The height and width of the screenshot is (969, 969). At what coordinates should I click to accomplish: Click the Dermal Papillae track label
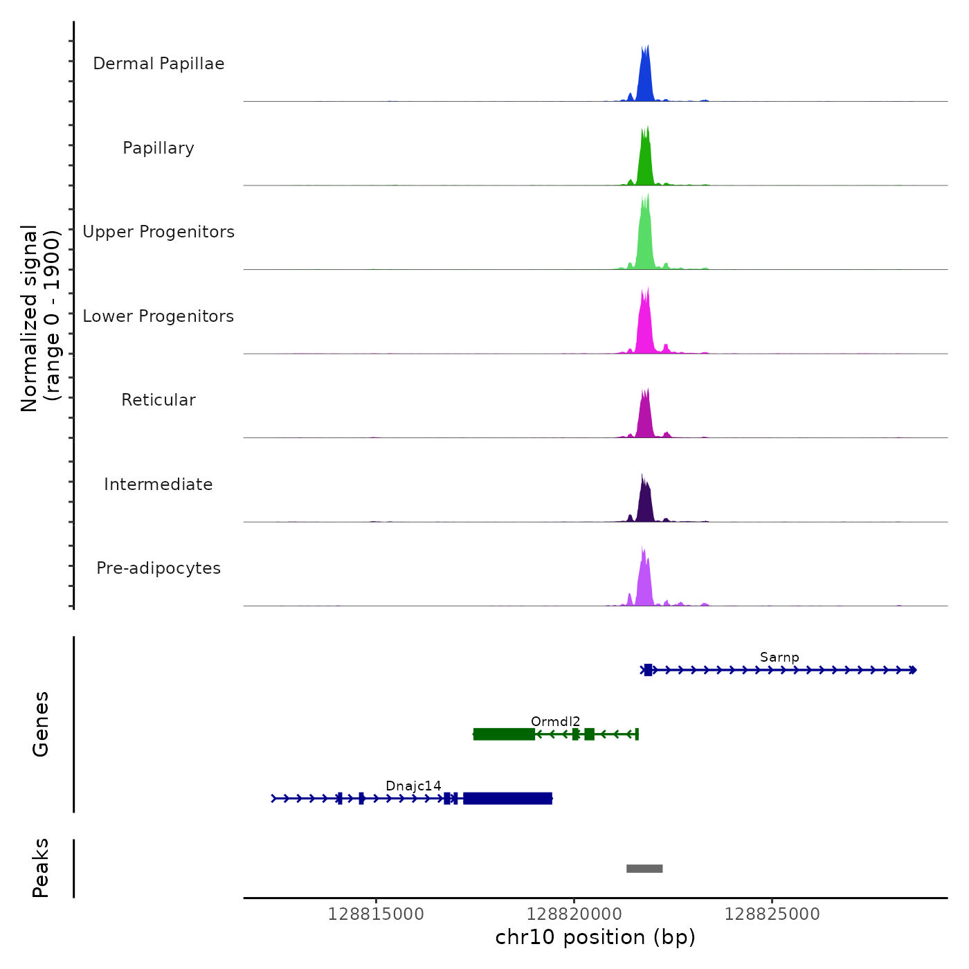(x=159, y=64)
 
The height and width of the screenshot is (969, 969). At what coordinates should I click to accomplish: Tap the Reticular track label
(x=159, y=400)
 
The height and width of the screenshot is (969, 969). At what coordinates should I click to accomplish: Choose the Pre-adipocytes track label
(x=159, y=568)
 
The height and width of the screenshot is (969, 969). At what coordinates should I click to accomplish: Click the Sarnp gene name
(x=779, y=658)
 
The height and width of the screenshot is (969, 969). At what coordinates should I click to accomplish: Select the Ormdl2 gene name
(x=555, y=722)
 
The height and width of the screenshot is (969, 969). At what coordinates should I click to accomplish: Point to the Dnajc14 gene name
(x=413, y=786)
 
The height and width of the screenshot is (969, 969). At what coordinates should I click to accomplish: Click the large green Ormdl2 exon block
(x=504, y=734)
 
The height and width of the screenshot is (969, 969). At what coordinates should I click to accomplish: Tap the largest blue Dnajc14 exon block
(x=508, y=799)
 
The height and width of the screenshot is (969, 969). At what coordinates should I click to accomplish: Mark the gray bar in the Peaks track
(x=644, y=869)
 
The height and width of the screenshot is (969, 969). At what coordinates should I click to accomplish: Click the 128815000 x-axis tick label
(x=376, y=914)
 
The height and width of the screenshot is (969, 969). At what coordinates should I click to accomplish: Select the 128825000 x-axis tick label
(x=772, y=914)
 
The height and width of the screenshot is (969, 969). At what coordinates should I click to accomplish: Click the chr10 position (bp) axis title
(x=595, y=938)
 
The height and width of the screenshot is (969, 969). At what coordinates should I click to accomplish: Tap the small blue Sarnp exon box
(x=648, y=670)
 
